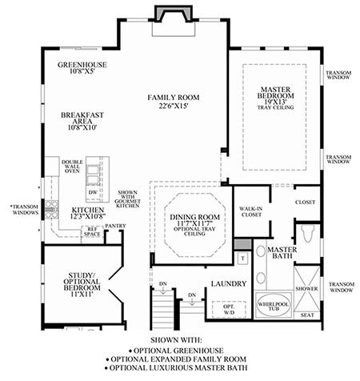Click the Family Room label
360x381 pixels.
point(174,98)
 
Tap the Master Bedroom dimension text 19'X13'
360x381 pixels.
point(275,102)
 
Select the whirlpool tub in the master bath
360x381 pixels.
point(274,306)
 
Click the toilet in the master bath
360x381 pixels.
point(307,233)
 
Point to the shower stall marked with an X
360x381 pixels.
point(306,289)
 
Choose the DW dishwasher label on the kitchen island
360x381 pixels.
point(93,192)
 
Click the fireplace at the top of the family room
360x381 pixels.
point(174,14)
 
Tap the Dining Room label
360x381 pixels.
point(195,217)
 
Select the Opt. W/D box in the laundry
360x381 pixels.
point(229,309)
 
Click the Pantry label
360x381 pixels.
point(115,226)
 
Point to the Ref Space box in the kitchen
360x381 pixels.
point(92,231)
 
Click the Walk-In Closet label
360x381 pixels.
point(251,211)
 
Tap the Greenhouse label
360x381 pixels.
point(82,65)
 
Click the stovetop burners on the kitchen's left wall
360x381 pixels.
point(51,209)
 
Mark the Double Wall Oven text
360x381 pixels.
point(72,166)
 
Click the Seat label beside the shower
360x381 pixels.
point(307,315)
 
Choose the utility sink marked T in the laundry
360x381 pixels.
point(243,258)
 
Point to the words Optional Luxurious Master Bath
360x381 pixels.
point(178,367)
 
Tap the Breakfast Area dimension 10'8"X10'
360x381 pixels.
point(82,127)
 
